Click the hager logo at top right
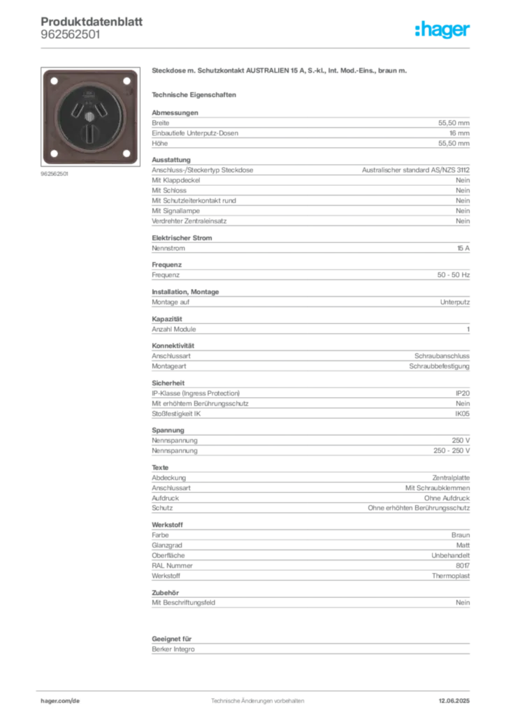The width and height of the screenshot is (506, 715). (442, 29)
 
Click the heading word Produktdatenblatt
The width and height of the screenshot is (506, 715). (92, 22)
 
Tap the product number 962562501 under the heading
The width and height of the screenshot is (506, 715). (71, 35)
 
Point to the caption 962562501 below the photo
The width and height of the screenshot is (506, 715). (55, 174)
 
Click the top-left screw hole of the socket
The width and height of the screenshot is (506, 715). (54, 81)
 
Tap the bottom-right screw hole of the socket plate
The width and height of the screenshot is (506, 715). (127, 153)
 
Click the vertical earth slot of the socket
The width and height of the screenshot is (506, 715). (89, 133)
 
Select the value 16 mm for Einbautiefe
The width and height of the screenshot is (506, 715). (459, 133)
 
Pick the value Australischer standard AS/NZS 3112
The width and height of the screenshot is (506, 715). (416, 170)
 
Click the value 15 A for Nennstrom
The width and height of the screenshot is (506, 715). (463, 248)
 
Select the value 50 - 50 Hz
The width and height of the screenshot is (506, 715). (454, 275)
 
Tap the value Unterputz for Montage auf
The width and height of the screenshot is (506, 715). (455, 302)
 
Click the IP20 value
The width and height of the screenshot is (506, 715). (463, 393)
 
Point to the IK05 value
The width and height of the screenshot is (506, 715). (462, 413)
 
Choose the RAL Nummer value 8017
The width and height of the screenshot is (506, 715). (463, 566)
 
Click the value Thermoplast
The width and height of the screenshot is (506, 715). (451, 576)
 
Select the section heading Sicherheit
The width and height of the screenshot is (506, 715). (168, 383)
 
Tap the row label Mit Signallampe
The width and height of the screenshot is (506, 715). (175, 211)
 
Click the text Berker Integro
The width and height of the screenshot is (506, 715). (173, 649)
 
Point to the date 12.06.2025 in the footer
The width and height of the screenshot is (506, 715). (454, 701)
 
